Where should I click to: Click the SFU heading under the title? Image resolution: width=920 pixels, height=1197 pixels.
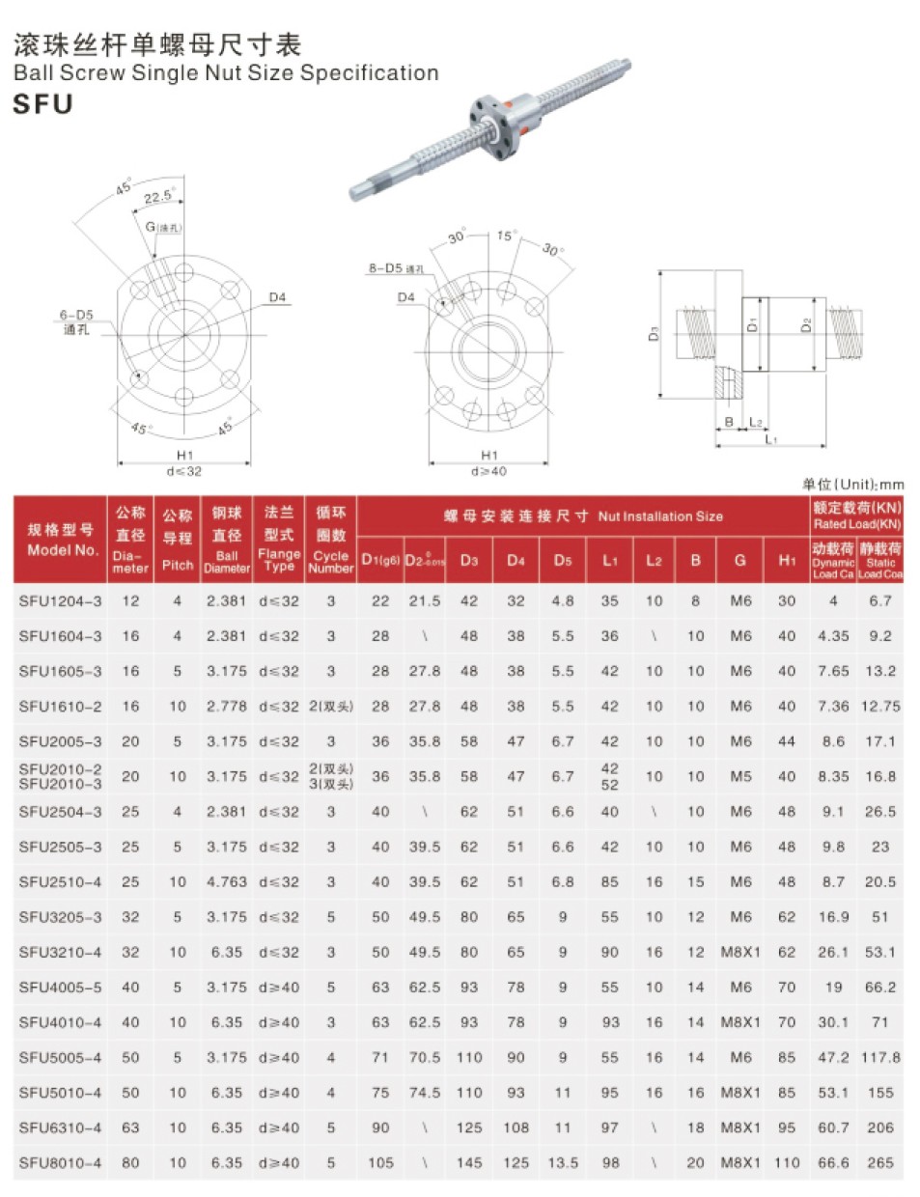pyautogui.click(x=43, y=104)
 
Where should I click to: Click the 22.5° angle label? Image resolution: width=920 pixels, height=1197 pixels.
pyautogui.click(x=157, y=197)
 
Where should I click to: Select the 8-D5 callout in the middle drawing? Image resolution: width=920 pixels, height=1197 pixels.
pyautogui.click(x=395, y=268)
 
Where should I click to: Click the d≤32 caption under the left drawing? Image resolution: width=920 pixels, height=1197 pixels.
pyautogui.click(x=184, y=471)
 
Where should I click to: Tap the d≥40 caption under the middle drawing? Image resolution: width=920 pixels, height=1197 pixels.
pyautogui.click(x=488, y=471)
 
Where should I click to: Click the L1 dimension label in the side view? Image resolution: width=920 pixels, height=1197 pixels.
pyautogui.click(x=770, y=440)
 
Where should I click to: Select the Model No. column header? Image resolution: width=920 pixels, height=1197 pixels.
pyautogui.click(x=61, y=540)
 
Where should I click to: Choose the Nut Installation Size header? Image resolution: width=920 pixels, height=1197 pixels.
pyautogui.click(x=583, y=516)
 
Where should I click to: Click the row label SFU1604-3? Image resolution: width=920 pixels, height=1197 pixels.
pyautogui.click(x=60, y=636)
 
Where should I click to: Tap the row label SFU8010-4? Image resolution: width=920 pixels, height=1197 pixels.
pyautogui.click(x=60, y=1163)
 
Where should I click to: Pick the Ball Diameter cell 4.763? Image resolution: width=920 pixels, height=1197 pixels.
pyautogui.click(x=227, y=882)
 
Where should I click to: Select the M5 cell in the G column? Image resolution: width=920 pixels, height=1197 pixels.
pyautogui.click(x=740, y=776)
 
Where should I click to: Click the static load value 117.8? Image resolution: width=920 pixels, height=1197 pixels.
pyautogui.click(x=880, y=1057)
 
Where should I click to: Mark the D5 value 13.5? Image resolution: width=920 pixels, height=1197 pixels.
pyautogui.click(x=563, y=1163)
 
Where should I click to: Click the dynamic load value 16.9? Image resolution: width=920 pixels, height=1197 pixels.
pyautogui.click(x=833, y=917)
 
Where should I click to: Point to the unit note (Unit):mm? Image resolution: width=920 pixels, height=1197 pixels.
pyautogui.click(x=853, y=485)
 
